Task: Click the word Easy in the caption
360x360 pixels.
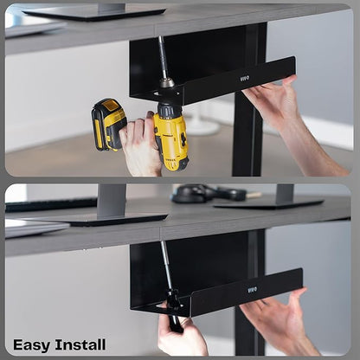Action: [x=31, y=345]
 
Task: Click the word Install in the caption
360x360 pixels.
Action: [x=80, y=344]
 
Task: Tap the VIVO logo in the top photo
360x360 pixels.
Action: [x=245, y=78]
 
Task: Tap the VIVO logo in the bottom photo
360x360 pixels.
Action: [x=252, y=290]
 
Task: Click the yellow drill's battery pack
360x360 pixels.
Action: [x=108, y=124]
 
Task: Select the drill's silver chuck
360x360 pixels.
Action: [x=167, y=83]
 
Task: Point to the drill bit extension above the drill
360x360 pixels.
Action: [x=163, y=58]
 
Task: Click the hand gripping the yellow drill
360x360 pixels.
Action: [x=142, y=145]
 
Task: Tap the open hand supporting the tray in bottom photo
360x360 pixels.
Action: [x=277, y=318]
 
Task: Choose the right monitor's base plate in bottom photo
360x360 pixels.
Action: [x=269, y=203]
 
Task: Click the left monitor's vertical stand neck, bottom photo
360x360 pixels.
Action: [x=112, y=200]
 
